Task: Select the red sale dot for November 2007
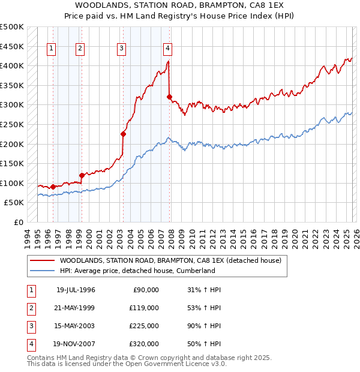170,97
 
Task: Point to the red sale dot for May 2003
123,134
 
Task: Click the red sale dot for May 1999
82,175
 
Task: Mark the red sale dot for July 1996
53,187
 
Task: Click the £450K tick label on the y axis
12,46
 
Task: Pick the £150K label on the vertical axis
12,163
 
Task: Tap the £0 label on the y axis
19,222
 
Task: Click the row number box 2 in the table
30,308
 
